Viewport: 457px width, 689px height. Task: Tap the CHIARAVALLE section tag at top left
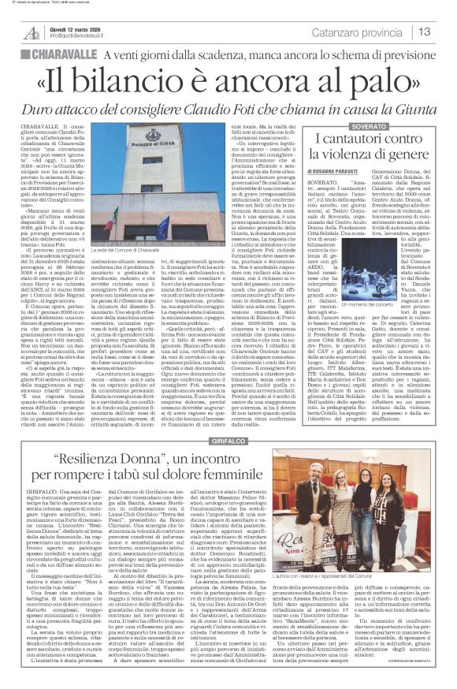pyautogui.click(x=56, y=54)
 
